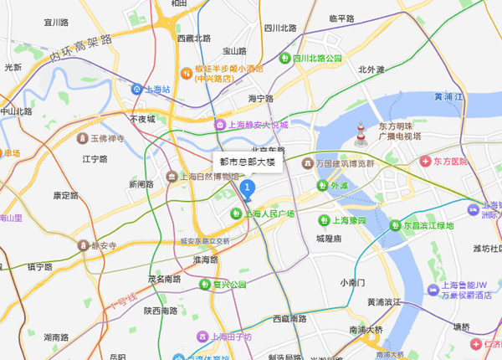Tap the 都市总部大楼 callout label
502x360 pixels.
click(x=248, y=160)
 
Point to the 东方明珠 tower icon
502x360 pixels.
click(x=361, y=133)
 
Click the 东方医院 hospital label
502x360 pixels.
click(x=451, y=161)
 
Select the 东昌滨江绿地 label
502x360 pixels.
click(x=427, y=225)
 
